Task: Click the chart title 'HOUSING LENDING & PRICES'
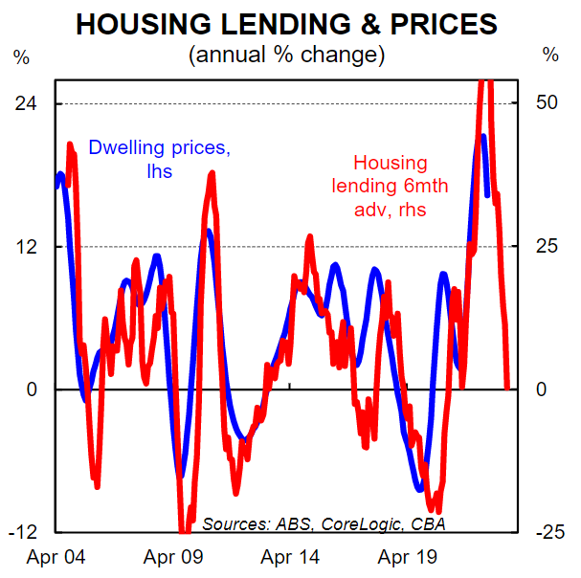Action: tap(288, 24)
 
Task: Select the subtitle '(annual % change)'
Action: tap(288, 55)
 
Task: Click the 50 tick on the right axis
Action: tap(547, 103)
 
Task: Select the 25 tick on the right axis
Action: tap(547, 246)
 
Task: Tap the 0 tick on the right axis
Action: tap(542, 389)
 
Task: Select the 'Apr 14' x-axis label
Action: tap(290, 556)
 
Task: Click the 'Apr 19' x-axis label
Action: tap(407, 556)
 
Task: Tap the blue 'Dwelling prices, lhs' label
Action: tap(159, 160)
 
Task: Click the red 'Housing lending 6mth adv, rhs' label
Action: tap(390, 186)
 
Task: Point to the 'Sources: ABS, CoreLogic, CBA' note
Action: tap(324, 523)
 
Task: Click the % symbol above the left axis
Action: tap(21, 55)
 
